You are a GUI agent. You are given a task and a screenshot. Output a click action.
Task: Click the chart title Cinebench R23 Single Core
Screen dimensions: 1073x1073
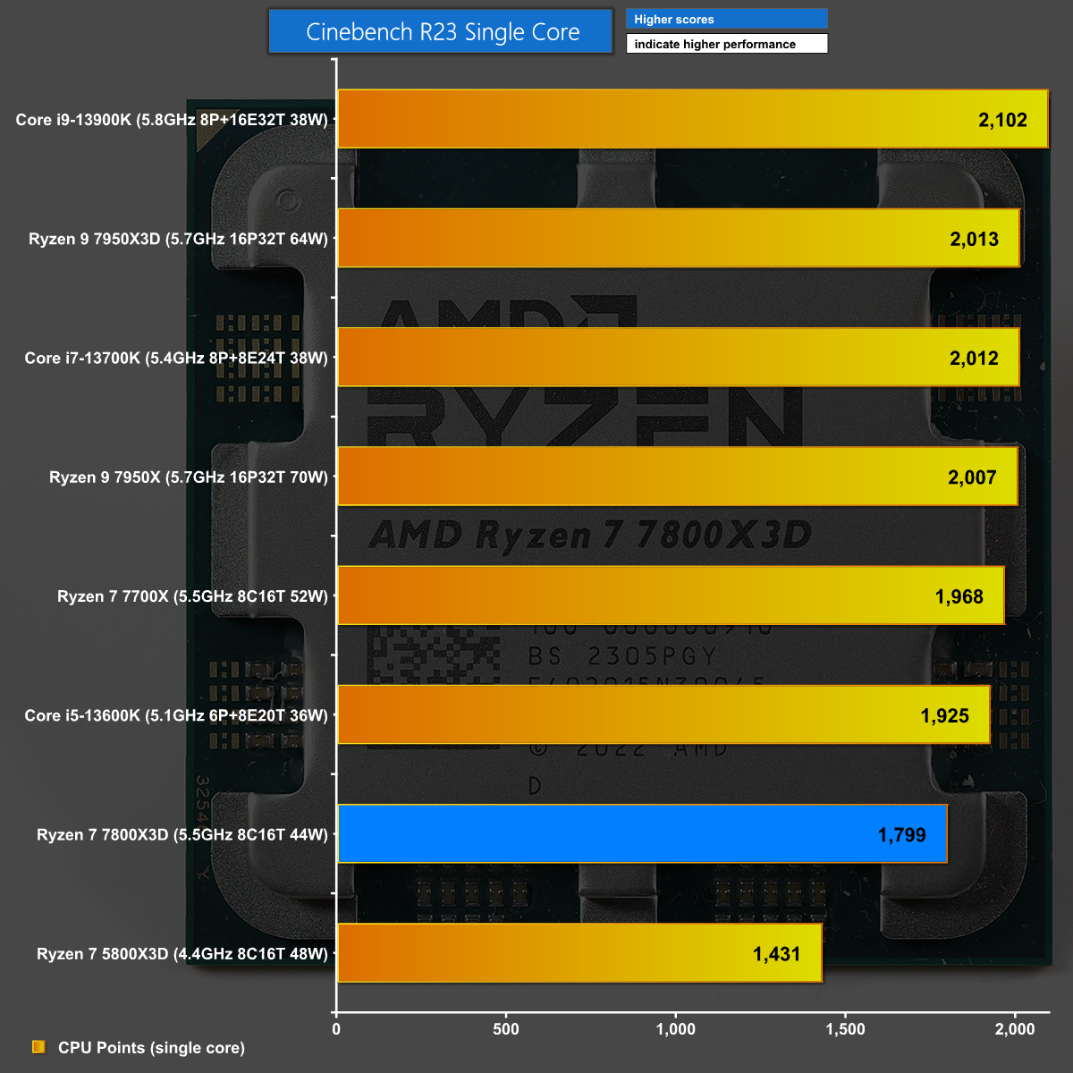(442, 32)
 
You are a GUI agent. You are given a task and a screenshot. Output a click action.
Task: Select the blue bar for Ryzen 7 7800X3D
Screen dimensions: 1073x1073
(642, 834)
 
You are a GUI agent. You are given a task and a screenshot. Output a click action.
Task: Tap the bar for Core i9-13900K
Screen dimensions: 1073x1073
(692, 119)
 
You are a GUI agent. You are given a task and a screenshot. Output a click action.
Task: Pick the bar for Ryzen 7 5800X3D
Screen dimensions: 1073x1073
(579, 953)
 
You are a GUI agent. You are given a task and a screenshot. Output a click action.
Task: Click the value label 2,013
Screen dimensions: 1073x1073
(974, 239)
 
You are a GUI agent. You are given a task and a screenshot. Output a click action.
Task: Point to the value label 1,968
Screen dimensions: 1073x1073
(959, 596)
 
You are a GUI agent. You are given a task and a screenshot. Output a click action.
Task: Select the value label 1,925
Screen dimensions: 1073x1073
(944, 715)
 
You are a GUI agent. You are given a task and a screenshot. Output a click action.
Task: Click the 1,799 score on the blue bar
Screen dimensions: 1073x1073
(901, 835)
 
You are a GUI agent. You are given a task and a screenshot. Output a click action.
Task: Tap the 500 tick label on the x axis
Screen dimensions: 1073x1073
(506, 1029)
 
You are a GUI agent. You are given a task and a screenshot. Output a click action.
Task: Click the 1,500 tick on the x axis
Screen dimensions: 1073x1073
(845, 1029)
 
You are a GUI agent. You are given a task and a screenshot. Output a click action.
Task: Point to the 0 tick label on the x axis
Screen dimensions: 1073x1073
(336, 1029)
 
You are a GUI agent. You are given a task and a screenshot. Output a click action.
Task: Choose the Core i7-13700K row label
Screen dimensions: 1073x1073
(176, 358)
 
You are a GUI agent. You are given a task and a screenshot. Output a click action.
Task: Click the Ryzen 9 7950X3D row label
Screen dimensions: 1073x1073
(178, 239)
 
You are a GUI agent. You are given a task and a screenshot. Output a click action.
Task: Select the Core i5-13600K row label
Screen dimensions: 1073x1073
(176, 715)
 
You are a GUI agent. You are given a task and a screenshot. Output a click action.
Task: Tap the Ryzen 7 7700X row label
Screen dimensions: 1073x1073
(192, 596)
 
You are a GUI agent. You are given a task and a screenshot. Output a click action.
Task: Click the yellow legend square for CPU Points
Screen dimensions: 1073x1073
(38, 1047)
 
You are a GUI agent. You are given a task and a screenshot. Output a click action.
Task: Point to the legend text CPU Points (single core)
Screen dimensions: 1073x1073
(151, 1048)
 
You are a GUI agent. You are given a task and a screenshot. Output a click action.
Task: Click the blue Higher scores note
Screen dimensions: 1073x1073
(726, 20)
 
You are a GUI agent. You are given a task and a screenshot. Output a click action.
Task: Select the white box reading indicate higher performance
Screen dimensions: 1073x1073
(726, 44)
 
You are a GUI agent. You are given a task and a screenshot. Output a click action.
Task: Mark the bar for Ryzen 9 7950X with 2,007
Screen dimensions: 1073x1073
(677, 477)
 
